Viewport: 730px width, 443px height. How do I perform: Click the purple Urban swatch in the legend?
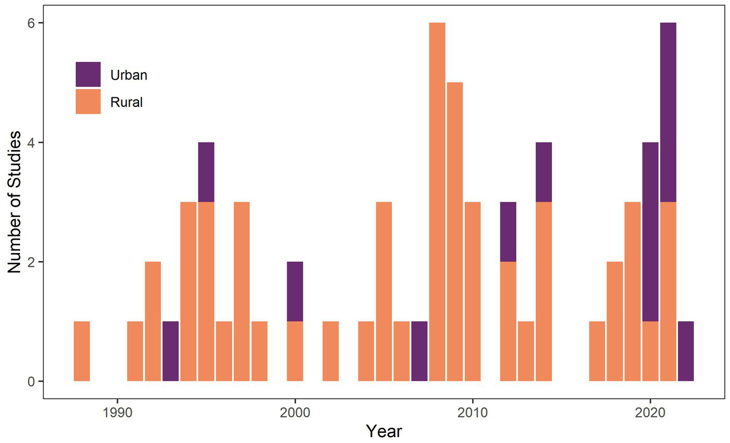[88, 74]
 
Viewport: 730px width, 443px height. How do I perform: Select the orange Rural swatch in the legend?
[88, 101]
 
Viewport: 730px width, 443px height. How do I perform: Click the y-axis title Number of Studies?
[14, 202]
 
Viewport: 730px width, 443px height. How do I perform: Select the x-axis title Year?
[384, 431]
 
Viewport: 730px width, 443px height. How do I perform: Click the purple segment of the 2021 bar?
[668, 112]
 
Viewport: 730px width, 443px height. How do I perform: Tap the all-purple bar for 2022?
[686, 351]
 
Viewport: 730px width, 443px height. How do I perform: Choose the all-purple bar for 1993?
[170, 351]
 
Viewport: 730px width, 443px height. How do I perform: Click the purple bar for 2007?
[419, 351]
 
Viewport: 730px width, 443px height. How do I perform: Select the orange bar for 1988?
[82, 351]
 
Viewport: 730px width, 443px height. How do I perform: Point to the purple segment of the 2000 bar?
[295, 292]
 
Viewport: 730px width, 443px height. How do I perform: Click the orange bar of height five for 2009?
[455, 232]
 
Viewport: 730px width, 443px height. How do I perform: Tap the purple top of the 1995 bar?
[206, 172]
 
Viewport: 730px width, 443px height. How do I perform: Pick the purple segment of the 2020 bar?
[650, 232]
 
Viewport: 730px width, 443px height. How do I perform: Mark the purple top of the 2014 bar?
[544, 172]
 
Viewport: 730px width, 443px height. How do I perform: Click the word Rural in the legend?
[126, 102]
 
